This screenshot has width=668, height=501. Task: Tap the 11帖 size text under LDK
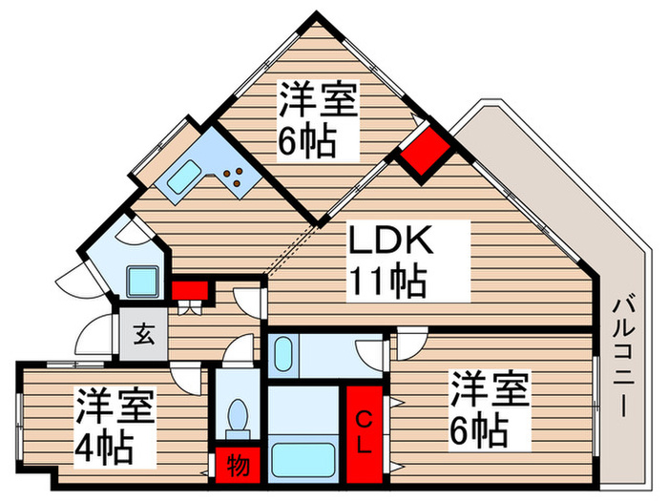[386, 281]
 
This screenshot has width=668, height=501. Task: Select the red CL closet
[365, 432]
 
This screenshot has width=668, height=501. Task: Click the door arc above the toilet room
[229, 358]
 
